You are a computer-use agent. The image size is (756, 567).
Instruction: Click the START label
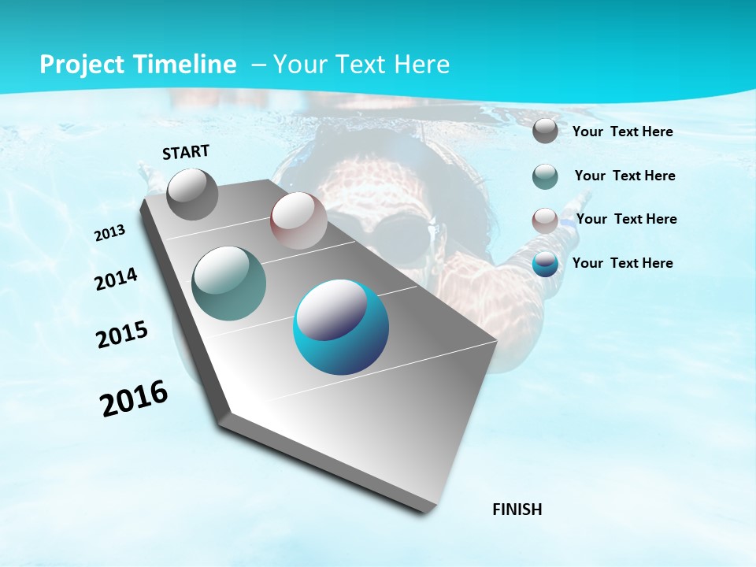pos(186,152)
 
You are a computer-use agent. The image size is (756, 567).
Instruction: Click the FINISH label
pos(517,510)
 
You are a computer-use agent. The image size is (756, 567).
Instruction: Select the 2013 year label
pos(109,233)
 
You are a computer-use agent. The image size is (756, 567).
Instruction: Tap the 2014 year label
pos(116,280)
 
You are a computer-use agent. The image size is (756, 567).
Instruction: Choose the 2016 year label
pos(134,398)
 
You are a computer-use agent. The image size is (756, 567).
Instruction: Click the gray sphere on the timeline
pos(192,194)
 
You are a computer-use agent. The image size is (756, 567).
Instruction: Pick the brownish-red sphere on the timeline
pos(298,220)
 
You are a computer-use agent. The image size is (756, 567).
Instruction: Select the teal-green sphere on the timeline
pos(228,283)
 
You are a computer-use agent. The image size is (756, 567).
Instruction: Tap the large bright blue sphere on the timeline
pos(340,327)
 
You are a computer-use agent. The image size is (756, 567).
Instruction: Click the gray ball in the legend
pos(545,131)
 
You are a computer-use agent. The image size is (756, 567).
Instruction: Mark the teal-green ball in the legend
pos(545,176)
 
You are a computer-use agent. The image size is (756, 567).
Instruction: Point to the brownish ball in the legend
pos(545,220)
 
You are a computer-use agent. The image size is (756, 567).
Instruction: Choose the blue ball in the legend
pos(545,264)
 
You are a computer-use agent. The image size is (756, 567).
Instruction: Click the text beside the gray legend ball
pos(622,132)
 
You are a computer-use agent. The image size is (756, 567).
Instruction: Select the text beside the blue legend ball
pos(622,263)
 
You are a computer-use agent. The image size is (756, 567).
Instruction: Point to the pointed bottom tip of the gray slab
pos(425,510)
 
